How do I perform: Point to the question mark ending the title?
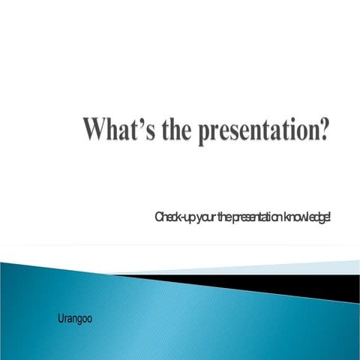(x=322, y=130)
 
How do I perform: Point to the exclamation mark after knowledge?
(x=329, y=217)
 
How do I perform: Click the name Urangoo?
(x=74, y=319)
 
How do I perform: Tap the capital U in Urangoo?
(x=61, y=319)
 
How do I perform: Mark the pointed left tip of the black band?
(x=120, y=275)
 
